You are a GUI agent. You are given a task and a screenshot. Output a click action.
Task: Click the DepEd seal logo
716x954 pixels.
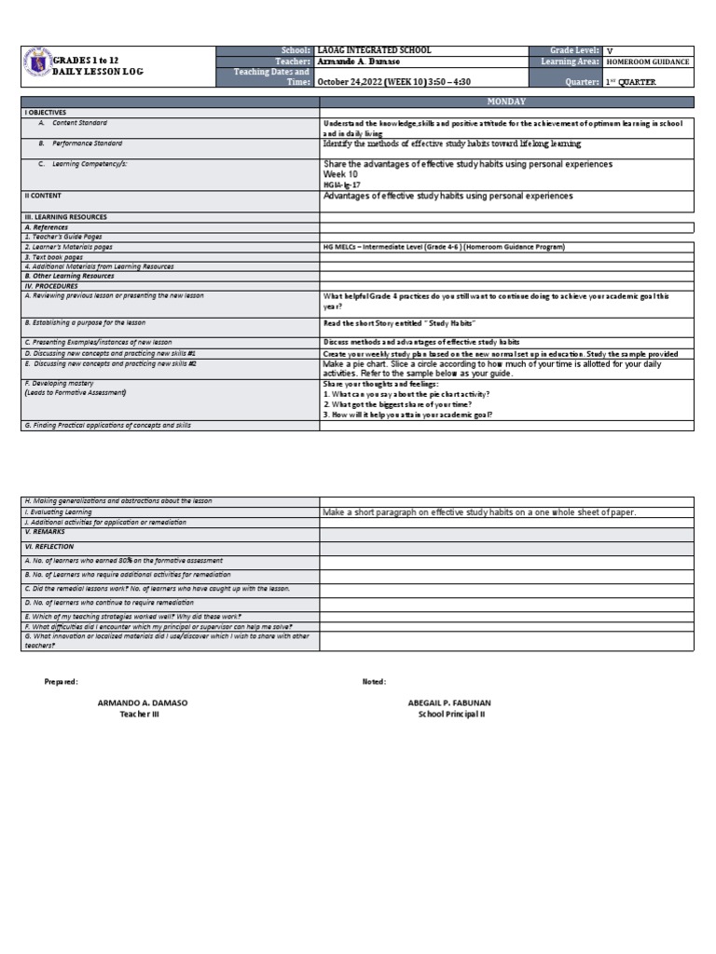coord(35,65)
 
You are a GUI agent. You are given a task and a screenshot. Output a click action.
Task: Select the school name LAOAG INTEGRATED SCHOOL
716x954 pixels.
coord(374,50)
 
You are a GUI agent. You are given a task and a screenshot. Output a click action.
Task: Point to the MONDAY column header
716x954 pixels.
coord(506,101)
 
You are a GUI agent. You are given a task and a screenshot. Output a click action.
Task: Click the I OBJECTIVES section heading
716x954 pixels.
coord(46,112)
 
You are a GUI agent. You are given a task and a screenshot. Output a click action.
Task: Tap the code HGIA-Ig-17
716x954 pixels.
coord(342,185)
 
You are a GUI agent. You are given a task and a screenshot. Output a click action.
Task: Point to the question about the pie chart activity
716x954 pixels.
coord(406,394)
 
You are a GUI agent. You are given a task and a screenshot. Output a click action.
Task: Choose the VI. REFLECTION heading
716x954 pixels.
coord(49,547)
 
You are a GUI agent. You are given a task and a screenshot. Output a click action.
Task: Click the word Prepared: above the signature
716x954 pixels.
coord(62,682)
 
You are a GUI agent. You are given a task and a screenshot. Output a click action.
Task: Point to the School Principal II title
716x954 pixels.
coord(451,714)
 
